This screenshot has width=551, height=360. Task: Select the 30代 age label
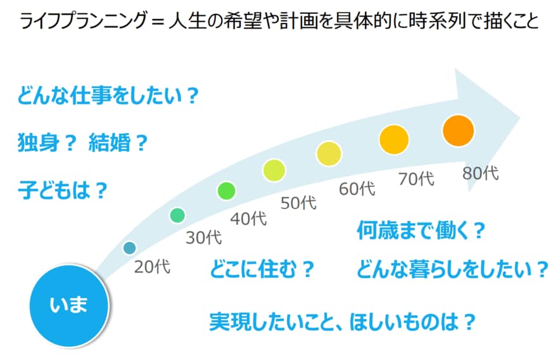click(203, 238)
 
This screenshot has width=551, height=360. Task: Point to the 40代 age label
click(248, 218)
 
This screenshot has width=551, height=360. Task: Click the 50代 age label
click(298, 203)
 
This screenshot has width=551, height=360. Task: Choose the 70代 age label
click(416, 179)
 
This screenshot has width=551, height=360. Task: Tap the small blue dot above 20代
click(129, 247)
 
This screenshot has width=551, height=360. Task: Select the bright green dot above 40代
click(226, 190)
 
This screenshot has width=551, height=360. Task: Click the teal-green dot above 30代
click(177, 215)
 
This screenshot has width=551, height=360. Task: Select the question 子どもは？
click(61, 190)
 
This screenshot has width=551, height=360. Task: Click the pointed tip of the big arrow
click(521, 118)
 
